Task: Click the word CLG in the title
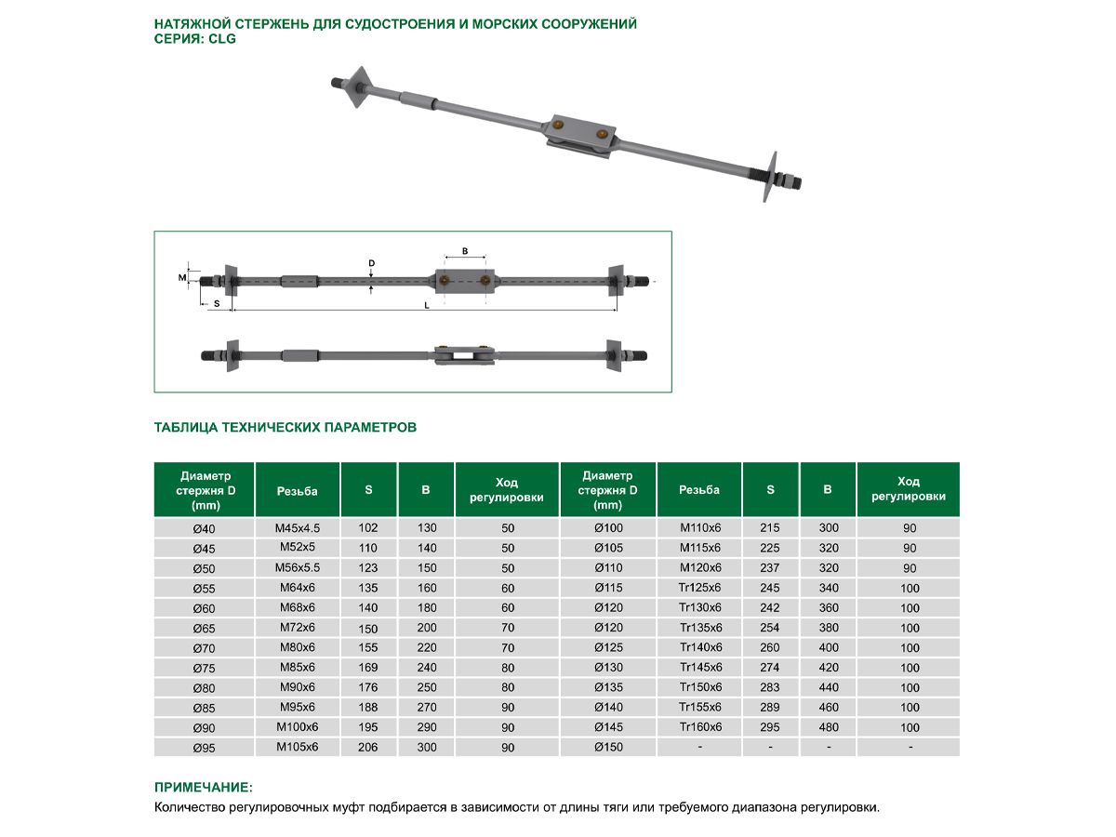point(223,40)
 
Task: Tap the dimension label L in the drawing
point(427,305)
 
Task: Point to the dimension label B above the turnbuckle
point(465,251)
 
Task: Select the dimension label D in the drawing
point(371,264)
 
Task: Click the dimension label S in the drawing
point(217,304)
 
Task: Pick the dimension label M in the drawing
point(182,277)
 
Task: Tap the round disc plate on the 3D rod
point(769,177)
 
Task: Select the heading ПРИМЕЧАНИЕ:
point(203,787)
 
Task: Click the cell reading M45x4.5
point(298,527)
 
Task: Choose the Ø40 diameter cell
point(204,528)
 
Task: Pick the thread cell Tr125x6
point(699,588)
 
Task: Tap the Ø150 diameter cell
point(607,747)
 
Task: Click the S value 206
point(368,747)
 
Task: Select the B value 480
point(828,727)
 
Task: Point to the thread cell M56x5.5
point(298,567)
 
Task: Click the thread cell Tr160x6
point(699,727)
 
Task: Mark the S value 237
point(770,568)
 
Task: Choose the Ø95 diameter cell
point(204,747)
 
